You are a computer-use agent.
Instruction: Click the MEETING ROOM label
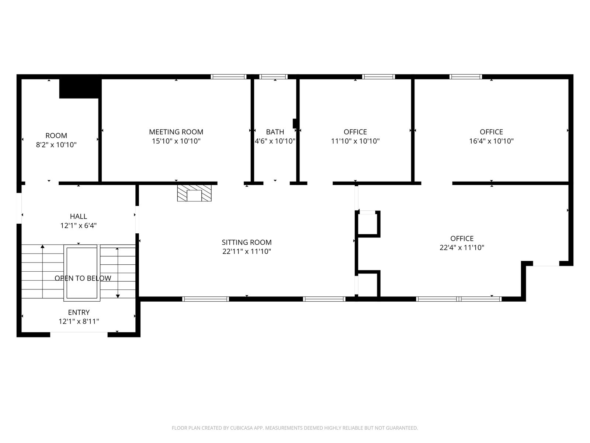tap(176, 132)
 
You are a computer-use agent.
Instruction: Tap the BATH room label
tap(275, 132)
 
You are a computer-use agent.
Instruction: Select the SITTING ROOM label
tap(246, 242)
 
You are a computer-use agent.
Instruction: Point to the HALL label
tap(79, 216)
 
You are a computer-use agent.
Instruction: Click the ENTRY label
tap(79, 312)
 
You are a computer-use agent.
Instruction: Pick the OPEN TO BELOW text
tap(83, 278)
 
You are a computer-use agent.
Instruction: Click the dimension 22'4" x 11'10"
tap(462, 247)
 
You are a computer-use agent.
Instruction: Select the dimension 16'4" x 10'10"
tap(491, 141)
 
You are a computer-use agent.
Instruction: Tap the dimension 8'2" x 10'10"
tap(56, 145)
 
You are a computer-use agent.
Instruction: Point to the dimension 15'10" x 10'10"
tap(176, 141)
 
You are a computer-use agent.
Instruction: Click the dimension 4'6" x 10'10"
tap(275, 141)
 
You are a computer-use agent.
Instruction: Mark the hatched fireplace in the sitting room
tap(194, 193)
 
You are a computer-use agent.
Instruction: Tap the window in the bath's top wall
tap(273, 77)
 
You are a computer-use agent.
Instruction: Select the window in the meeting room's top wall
tap(229, 77)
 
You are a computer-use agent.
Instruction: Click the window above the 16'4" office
tap(466, 77)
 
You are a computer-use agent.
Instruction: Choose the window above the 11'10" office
tap(378, 77)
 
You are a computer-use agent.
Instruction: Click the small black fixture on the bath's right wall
tap(295, 123)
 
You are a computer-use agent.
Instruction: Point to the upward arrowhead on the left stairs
tap(42, 246)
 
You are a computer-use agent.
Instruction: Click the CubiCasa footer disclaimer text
tap(295, 427)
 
